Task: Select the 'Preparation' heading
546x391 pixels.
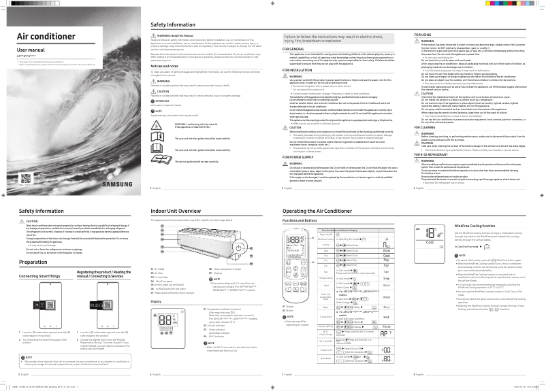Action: coord(33,262)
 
